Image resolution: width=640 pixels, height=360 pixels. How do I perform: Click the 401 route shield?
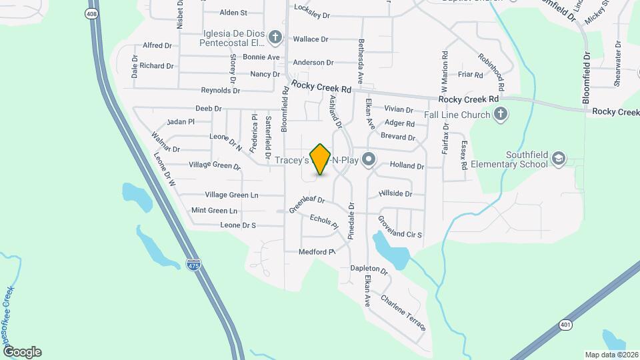[565, 324]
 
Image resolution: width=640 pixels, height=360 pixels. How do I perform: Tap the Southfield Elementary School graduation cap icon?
[559, 158]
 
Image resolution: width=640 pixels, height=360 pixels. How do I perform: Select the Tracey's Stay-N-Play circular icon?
[371, 160]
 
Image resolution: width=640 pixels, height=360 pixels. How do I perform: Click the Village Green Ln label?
[231, 195]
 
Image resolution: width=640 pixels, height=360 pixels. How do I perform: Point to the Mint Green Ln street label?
[214, 211]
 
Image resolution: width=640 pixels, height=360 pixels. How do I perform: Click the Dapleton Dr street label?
[369, 269]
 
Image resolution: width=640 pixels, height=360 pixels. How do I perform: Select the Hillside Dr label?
[395, 193]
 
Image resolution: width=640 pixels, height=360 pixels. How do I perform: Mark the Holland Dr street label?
[407, 165]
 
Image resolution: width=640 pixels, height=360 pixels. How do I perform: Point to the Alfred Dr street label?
[158, 45]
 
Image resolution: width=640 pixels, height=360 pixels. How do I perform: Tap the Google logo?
[22, 352]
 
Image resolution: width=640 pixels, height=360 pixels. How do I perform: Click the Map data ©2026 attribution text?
[611, 355]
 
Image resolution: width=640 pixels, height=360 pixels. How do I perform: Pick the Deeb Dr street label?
[208, 108]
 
